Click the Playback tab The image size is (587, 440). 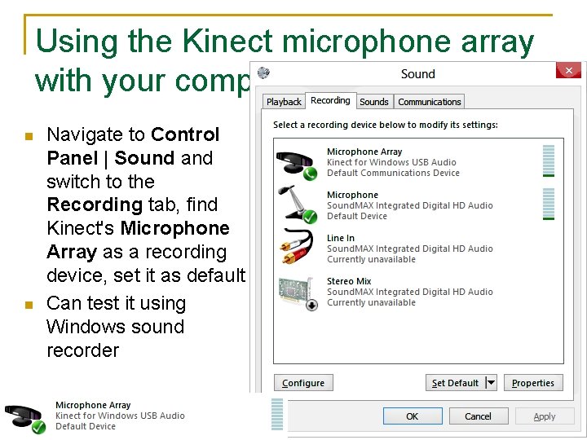click(x=284, y=102)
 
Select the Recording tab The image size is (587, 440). click(x=330, y=100)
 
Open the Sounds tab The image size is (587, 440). click(x=374, y=102)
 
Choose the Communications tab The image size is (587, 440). click(x=430, y=102)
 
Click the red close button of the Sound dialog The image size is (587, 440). click(x=568, y=71)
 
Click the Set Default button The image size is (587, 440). click(x=456, y=383)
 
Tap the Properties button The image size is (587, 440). click(x=533, y=383)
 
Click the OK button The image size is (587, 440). click(x=413, y=416)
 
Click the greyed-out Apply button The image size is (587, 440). click(x=545, y=416)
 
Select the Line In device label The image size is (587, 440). click(x=341, y=238)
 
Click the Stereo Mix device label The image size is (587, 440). click(x=349, y=281)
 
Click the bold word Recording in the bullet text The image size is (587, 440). click(x=82, y=205)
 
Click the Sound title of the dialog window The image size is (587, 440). click(x=418, y=73)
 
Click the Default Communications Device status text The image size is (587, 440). click(x=393, y=173)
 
